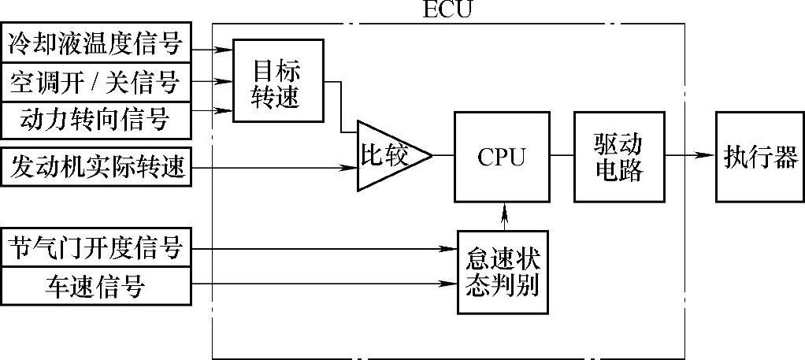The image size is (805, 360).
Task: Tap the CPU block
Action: [501, 156]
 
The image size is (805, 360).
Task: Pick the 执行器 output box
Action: [760, 156]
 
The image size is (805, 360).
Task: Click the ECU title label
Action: [449, 10]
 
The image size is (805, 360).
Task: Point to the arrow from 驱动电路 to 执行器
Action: [690, 155]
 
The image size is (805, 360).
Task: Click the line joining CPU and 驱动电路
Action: [562, 155]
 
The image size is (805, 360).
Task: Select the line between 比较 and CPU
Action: [443, 155]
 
